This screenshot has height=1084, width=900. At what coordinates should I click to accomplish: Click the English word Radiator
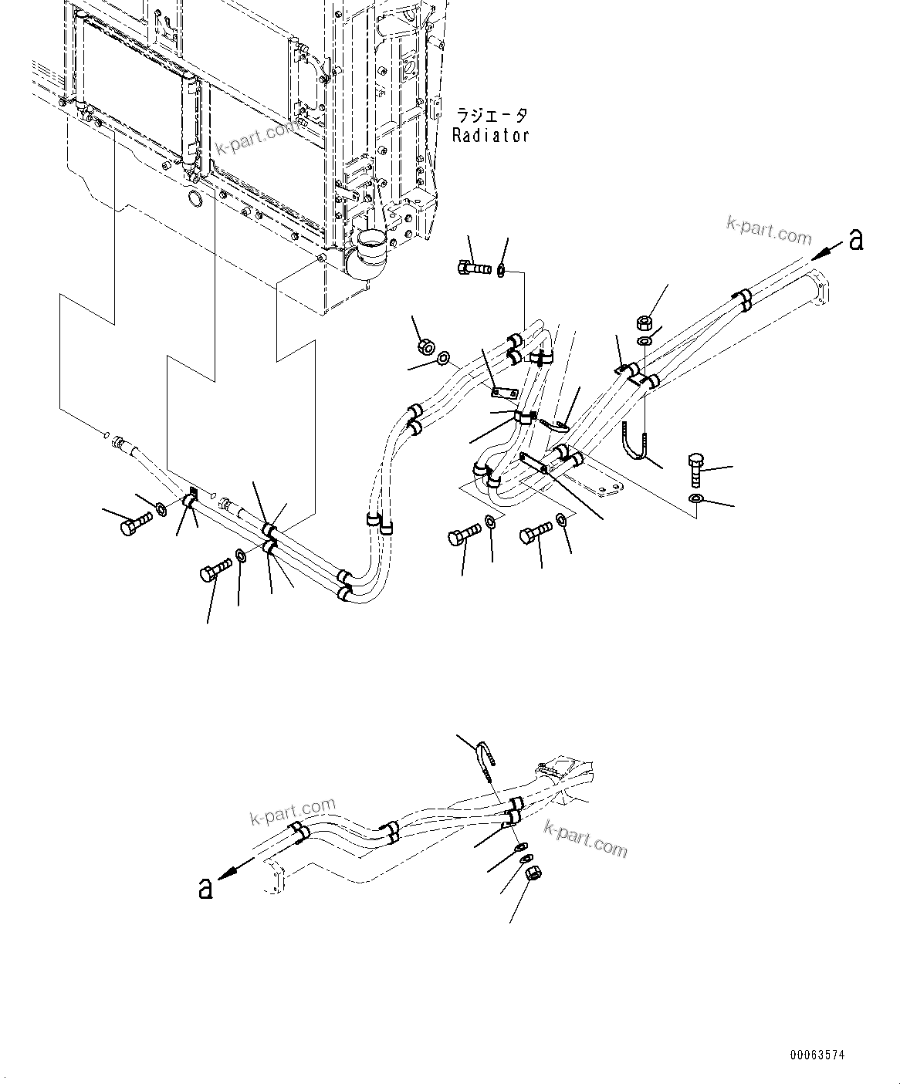[x=490, y=136]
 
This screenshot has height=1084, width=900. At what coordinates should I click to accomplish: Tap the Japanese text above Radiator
[x=492, y=116]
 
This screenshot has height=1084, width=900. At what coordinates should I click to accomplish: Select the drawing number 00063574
[x=817, y=1054]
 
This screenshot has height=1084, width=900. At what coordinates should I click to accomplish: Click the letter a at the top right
[x=855, y=241]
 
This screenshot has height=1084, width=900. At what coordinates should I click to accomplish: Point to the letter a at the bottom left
[x=205, y=888]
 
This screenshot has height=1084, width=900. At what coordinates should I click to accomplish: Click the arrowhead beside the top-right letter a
[x=821, y=250]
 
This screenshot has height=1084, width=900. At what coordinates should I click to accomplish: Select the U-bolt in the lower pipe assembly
[x=484, y=759]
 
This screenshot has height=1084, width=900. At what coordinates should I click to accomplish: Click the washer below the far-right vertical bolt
[x=695, y=500]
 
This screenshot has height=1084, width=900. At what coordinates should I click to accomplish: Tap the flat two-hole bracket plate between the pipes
[x=503, y=394]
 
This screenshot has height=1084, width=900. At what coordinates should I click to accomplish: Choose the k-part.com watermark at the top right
[x=768, y=229]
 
